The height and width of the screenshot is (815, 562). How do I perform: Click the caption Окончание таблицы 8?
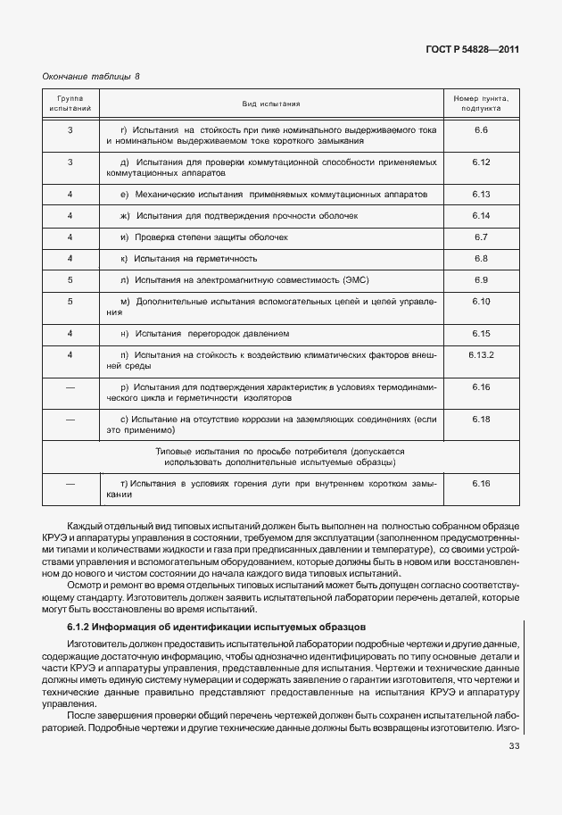(92, 77)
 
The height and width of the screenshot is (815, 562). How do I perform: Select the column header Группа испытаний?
(70, 104)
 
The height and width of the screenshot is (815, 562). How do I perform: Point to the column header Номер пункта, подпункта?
(481, 104)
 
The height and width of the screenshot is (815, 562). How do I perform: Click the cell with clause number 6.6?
(481, 131)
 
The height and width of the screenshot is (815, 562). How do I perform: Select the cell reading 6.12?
(481, 162)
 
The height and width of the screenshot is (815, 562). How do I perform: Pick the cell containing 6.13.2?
(481, 354)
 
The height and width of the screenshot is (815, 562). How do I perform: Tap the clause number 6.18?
(481, 419)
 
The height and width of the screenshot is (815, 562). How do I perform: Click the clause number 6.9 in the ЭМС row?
(481, 280)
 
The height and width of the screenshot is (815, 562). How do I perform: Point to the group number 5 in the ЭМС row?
(70, 280)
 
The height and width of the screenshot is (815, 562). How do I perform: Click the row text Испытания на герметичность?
(195, 259)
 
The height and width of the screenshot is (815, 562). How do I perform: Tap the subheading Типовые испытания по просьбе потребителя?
(280, 452)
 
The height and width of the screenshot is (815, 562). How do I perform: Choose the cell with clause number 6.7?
(481, 237)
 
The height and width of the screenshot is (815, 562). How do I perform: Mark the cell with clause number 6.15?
(481, 333)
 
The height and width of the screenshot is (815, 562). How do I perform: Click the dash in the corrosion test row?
(70, 419)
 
